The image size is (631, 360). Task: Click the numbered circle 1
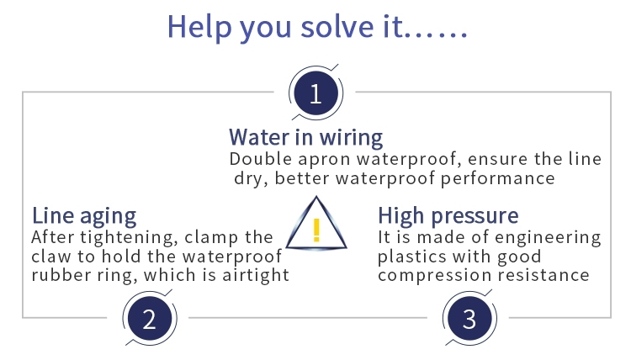(315, 93)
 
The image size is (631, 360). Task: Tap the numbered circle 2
(150, 319)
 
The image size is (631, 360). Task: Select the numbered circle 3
(469, 319)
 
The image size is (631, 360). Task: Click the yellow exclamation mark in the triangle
(316, 230)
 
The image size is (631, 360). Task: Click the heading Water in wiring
(306, 137)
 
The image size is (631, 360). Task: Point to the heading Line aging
(84, 216)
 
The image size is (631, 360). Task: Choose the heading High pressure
(448, 215)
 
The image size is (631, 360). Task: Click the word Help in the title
(199, 27)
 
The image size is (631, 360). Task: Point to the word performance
(498, 179)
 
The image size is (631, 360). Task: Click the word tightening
(129, 238)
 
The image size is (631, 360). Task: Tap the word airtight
(256, 276)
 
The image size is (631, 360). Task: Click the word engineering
(548, 238)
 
